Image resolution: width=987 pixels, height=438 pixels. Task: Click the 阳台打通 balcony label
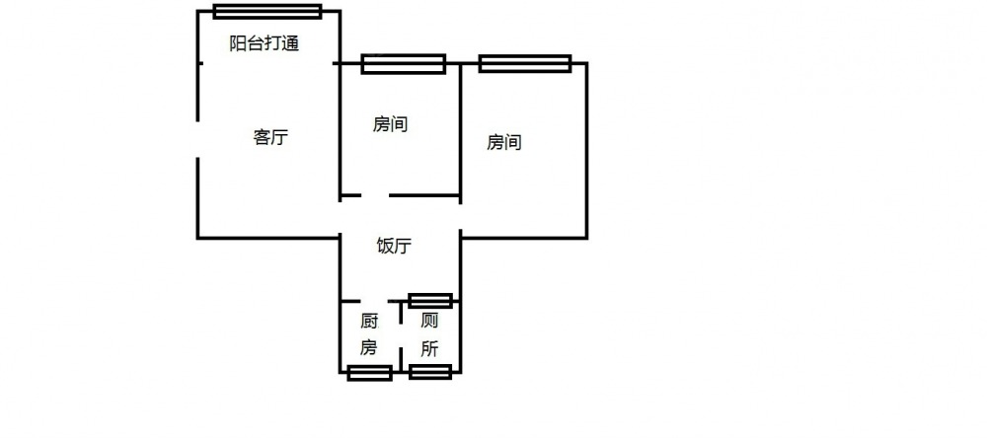pyautogui.click(x=264, y=43)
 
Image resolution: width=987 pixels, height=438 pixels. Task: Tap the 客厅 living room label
pyautogui.click(x=270, y=137)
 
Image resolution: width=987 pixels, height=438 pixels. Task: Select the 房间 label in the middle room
pyautogui.click(x=390, y=124)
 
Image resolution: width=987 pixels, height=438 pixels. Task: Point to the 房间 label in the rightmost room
pyautogui.click(x=504, y=143)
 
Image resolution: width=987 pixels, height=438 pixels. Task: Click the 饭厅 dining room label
pyautogui.click(x=394, y=246)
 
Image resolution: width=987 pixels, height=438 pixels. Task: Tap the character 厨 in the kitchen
pyautogui.click(x=369, y=323)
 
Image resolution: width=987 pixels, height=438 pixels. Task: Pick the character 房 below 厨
pyautogui.click(x=368, y=347)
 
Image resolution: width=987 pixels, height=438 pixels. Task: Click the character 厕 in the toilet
pyautogui.click(x=429, y=322)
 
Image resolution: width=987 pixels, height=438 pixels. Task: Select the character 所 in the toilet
pyautogui.click(x=429, y=349)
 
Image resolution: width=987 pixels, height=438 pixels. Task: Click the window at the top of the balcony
pyautogui.click(x=267, y=11)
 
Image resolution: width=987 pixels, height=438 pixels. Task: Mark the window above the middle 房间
pyautogui.click(x=404, y=63)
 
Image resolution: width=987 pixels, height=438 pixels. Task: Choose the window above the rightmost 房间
pyautogui.click(x=525, y=63)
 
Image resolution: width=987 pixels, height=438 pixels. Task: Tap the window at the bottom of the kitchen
pyautogui.click(x=369, y=373)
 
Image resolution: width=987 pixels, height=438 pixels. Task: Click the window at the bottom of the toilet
pyautogui.click(x=430, y=372)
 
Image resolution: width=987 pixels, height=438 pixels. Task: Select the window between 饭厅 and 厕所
pyautogui.click(x=430, y=301)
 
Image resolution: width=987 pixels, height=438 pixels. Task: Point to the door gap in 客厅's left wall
pyautogui.click(x=197, y=139)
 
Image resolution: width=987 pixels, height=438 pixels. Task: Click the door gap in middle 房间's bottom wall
pyautogui.click(x=375, y=195)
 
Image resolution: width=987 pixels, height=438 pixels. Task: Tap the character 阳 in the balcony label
pyautogui.click(x=237, y=43)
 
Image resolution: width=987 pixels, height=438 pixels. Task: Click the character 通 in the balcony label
pyautogui.click(x=291, y=43)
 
